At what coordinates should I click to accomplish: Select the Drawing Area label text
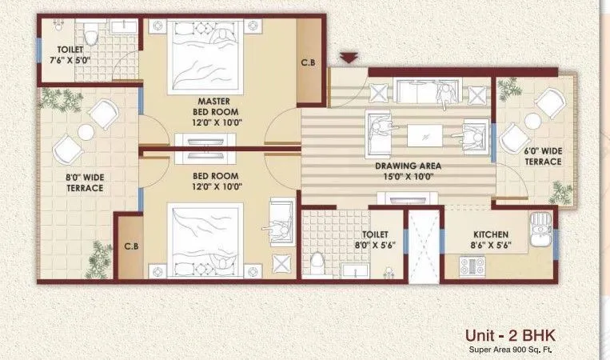point(409,172)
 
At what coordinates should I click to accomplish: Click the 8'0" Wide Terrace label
point(85,182)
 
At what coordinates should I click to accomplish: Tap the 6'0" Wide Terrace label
point(543,156)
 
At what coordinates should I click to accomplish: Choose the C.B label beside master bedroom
point(308,62)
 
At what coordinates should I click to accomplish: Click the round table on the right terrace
point(532,121)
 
